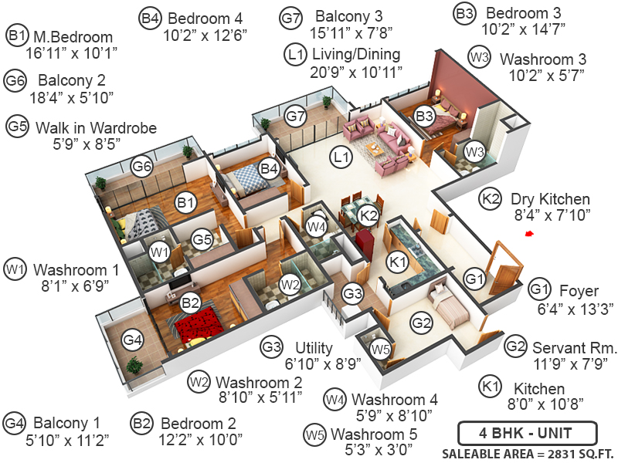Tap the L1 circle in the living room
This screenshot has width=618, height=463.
coord(341,157)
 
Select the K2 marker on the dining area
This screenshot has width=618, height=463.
coord(369,215)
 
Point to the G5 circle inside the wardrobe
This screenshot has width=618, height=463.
coord(202,240)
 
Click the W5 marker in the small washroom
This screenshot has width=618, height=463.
coord(379,350)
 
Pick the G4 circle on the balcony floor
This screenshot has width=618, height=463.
coord(133,340)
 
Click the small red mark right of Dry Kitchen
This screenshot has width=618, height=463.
coord(529,234)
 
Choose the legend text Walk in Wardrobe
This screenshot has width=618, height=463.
coord(96,127)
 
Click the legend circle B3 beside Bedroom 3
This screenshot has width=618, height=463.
coord(464,13)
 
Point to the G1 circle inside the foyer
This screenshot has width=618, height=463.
coord(474,278)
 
